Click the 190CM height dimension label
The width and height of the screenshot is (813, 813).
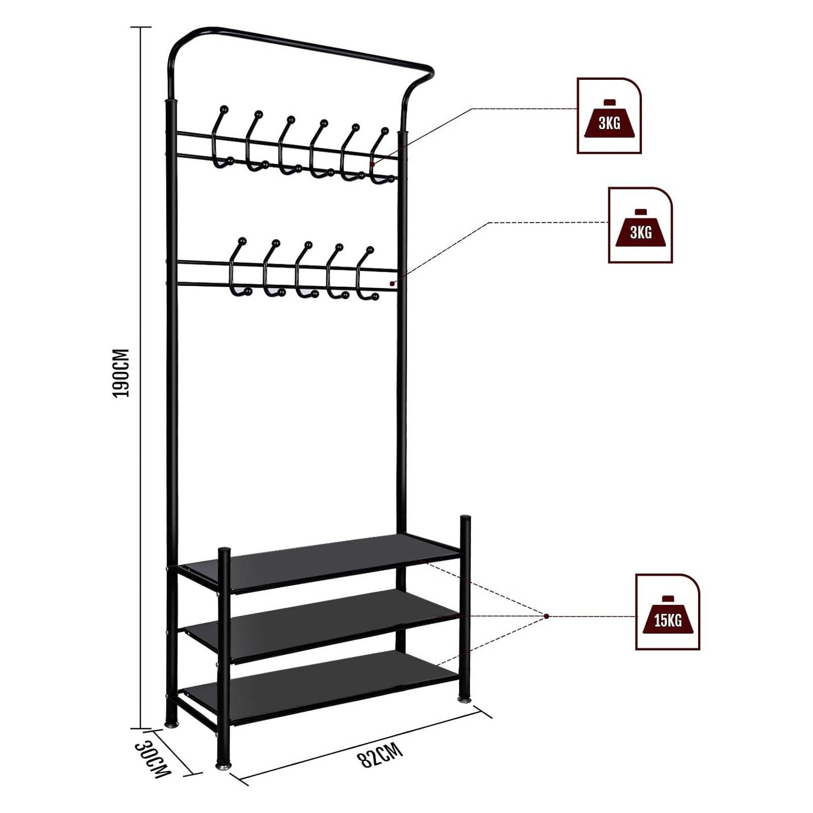click(x=121, y=373)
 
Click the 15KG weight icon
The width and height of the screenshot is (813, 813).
click(x=668, y=612)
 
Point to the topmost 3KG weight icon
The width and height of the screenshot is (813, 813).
click(x=609, y=115)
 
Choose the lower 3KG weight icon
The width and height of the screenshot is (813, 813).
click(x=640, y=225)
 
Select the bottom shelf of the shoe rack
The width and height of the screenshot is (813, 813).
click(x=320, y=686)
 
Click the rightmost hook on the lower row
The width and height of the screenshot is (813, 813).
click(x=367, y=274)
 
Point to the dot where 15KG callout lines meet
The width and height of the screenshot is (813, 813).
click(x=547, y=616)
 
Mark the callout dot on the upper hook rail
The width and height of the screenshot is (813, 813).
click(x=372, y=164)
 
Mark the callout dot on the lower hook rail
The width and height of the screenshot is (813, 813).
click(x=392, y=284)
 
